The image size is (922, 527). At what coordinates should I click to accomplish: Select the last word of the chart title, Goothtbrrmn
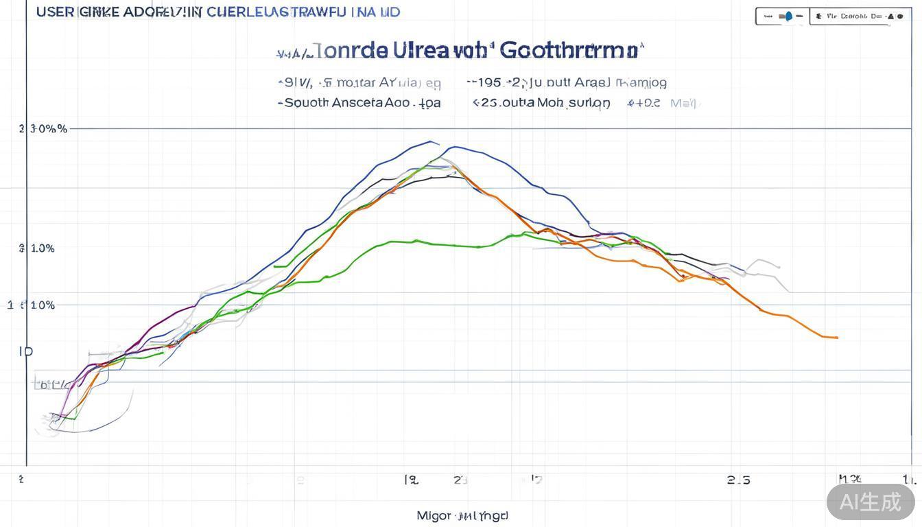[x=572, y=50]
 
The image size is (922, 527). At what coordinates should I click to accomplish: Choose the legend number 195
[x=489, y=82]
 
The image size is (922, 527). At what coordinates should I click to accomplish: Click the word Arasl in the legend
[x=592, y=82]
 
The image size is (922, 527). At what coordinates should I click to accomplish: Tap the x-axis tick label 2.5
[x=738, y=480]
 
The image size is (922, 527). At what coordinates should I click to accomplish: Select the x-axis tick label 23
[x=460, y=480]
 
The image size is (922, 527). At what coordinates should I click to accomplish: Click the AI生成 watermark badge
[x=871, y=502]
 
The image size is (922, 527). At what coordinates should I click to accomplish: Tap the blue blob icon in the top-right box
[x=788, y=16]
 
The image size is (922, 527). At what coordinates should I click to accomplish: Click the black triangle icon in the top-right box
[x=890, y=16]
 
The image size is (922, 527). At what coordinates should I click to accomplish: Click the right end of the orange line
[x=836, y=338]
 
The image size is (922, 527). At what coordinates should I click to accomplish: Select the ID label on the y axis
[x=25, y=351]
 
